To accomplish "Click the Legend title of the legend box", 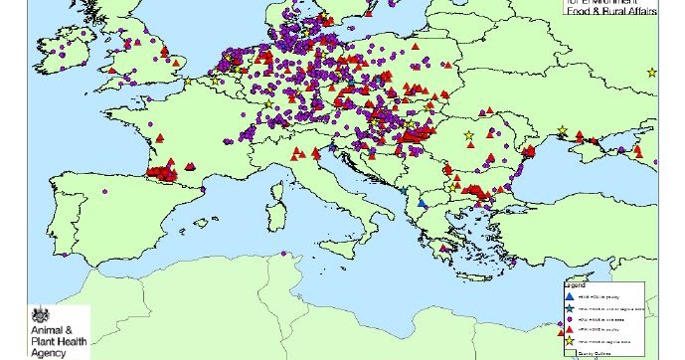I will pos(575,283).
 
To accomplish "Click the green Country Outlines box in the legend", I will pos(570,352).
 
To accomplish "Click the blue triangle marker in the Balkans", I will pos(422,204).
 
